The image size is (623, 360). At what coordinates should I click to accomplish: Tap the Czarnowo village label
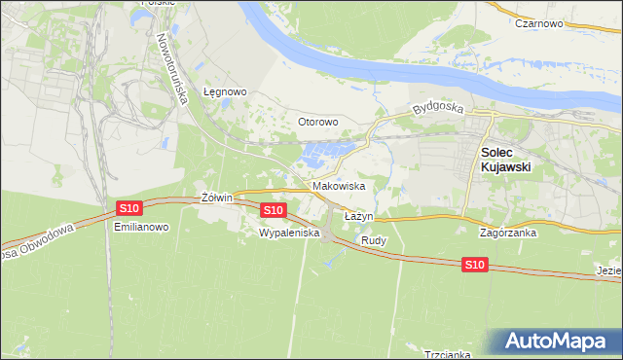click(542, 23)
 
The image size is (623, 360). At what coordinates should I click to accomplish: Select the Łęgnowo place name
click(226, 92)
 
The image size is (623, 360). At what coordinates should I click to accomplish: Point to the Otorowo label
click(317, 123)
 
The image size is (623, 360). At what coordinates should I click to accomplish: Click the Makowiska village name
click(339, 186)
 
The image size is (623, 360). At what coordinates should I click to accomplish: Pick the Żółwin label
click(216, 198)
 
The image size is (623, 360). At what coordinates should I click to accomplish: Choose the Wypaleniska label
click(289, 234)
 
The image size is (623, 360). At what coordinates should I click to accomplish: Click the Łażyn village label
click(359, 216)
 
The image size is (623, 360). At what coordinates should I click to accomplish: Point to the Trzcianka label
click(448, 354)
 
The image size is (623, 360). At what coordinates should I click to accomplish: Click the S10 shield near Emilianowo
click(129, 208)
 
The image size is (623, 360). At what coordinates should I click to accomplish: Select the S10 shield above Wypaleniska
click(274, 210)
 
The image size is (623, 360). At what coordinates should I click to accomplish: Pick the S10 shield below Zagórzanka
click(474, 265)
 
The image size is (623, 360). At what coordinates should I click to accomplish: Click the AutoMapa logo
click(557, 342)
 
